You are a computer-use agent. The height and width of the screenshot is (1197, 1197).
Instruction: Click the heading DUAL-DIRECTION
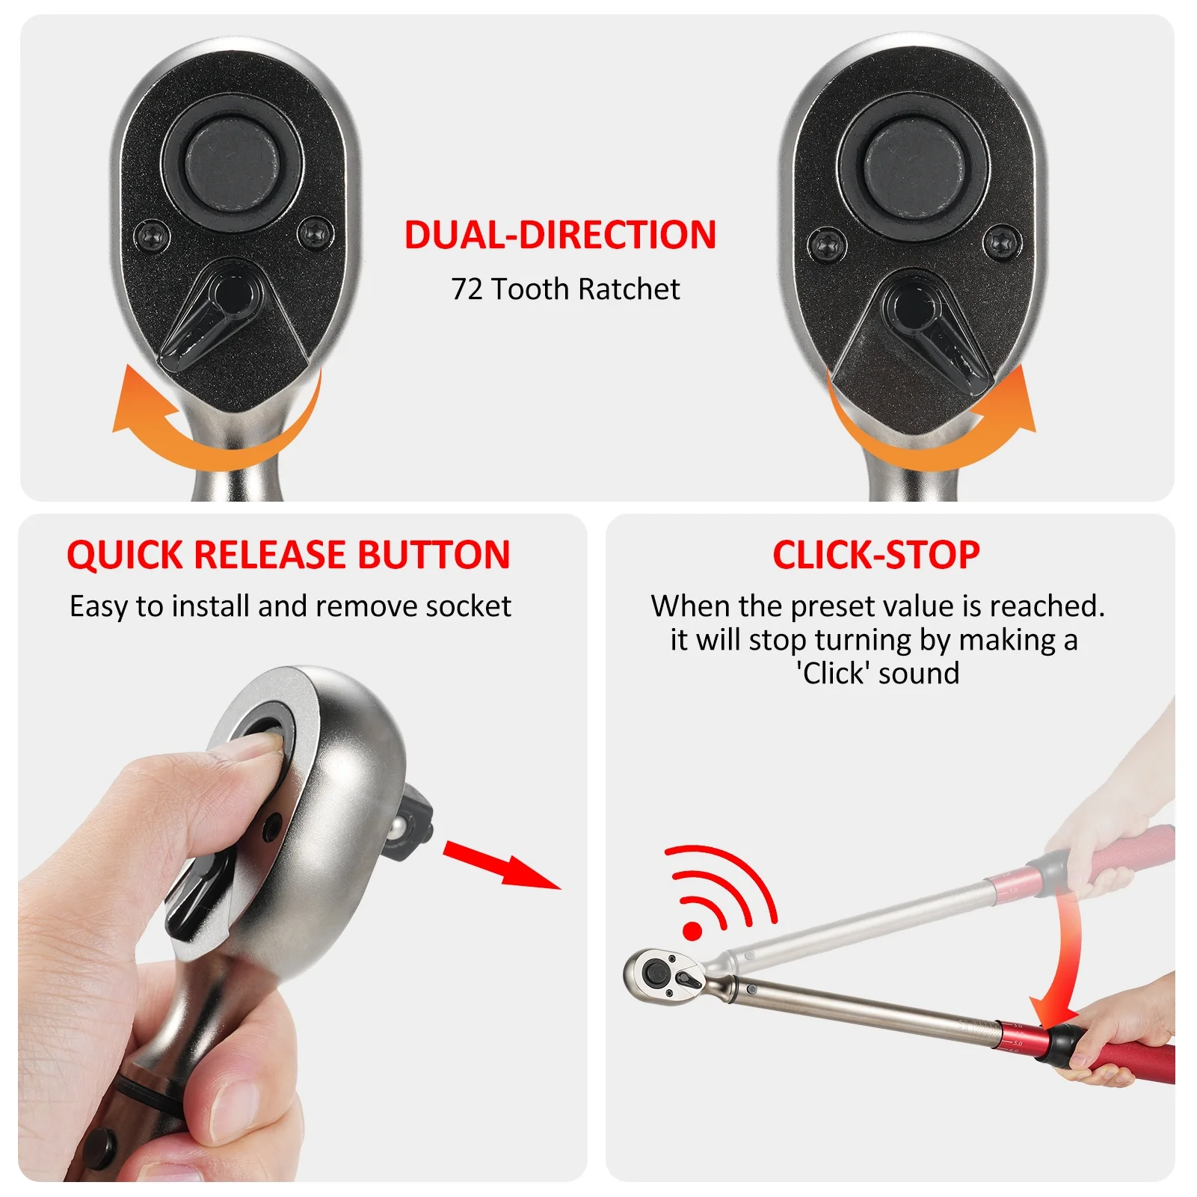pyautogui.click(x=560, y=235)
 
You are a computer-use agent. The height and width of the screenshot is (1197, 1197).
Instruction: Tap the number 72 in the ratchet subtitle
pyautogui.click(x=467, y=289)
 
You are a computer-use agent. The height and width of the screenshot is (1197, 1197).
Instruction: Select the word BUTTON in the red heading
pyautogui.click(x=434, y=555)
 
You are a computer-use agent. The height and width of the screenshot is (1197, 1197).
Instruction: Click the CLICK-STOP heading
pyautogui.click(x=876, y=555)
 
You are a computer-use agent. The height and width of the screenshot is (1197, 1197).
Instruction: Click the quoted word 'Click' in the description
pyautogui.click(x=833, y=673)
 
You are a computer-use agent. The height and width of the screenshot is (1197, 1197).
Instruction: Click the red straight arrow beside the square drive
pyautogui.click(x=502, y=864)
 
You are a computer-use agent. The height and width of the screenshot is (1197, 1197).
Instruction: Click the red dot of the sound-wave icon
pyautogui.click(x=692, y=931)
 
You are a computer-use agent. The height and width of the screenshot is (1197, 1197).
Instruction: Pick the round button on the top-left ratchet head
pyautogui.click(x=232, y=162)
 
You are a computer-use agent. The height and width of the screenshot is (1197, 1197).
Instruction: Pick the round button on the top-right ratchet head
pyautogui.click(x=912, y=162)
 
